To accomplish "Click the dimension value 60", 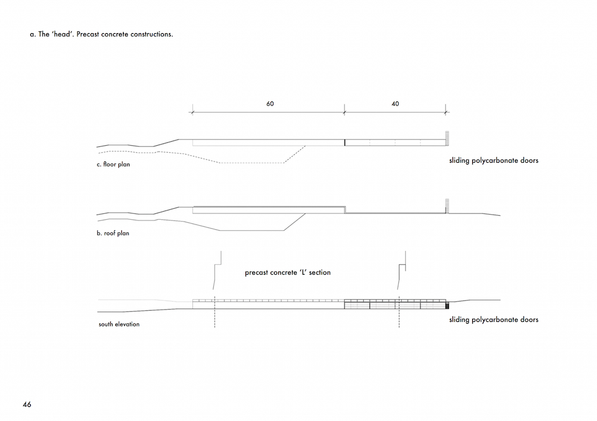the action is [x=270, y=104].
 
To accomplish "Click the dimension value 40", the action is [x=395, y=104].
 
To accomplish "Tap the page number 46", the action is [x=27, y=404].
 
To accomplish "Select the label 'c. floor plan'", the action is [x=114, y=164].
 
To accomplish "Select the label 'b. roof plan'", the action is [x=113, y=233].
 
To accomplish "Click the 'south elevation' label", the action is [x=119, y=324].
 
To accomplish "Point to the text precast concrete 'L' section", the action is [x=288, y=272].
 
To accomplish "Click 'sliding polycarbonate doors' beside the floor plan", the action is [x=494, y=160].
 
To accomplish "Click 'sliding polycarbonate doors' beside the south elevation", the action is [x=494, y=320].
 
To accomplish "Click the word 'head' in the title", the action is [x=62, y=34].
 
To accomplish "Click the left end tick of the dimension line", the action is [x=192, y=113].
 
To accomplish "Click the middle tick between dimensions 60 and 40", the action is [x=345, y=113].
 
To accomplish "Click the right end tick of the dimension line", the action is [x=446, y=113].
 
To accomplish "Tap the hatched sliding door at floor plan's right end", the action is [x=447, y=139].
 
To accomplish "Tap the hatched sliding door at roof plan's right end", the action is [x=447, y=206].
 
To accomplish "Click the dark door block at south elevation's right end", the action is [x=447, y=306].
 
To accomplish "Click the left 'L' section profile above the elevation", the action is [x=217, y=270].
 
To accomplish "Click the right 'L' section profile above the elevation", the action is [x=402, y=270].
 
